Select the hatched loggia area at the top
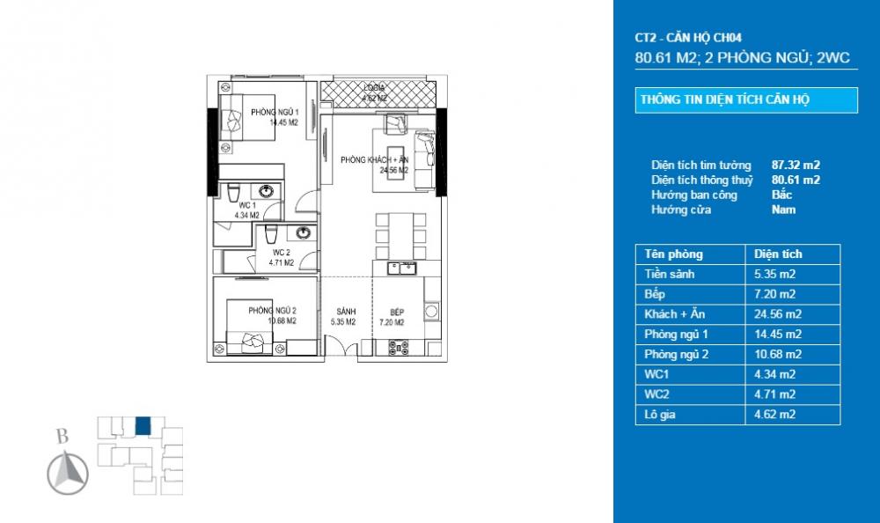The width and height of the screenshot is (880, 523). click(x=378, y=92)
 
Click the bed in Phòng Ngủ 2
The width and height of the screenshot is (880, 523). click(x=251, y=331)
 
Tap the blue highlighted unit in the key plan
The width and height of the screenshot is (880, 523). click(x=143, y=426)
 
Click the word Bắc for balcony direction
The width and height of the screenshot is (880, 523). click(x=781, y=195)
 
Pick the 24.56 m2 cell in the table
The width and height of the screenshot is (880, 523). click(x=778, y=313)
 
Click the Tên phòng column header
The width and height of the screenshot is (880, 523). click(x=674, y=254)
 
